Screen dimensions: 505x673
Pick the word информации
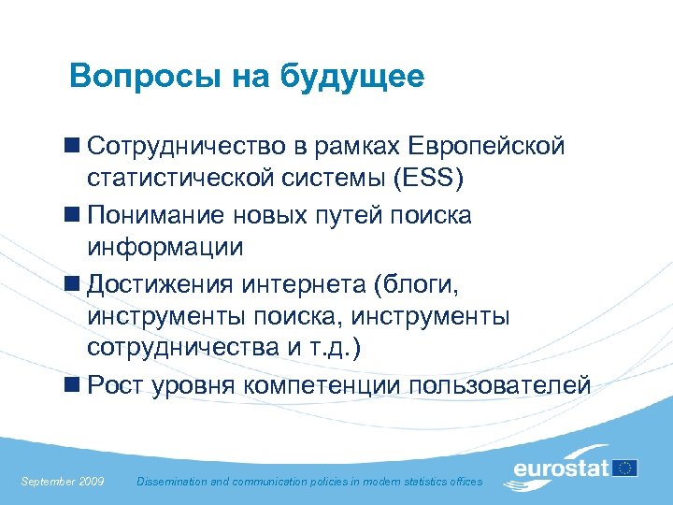coord(165,247)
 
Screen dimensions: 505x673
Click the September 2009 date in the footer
coord(63,481)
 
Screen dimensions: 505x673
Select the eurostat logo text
coord(561,468)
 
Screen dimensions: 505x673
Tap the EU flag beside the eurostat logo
coord(625,468)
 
